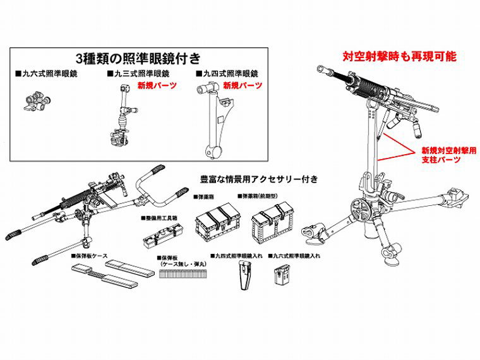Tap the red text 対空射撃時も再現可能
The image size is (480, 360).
399,56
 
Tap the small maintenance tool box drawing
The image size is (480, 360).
160,237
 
